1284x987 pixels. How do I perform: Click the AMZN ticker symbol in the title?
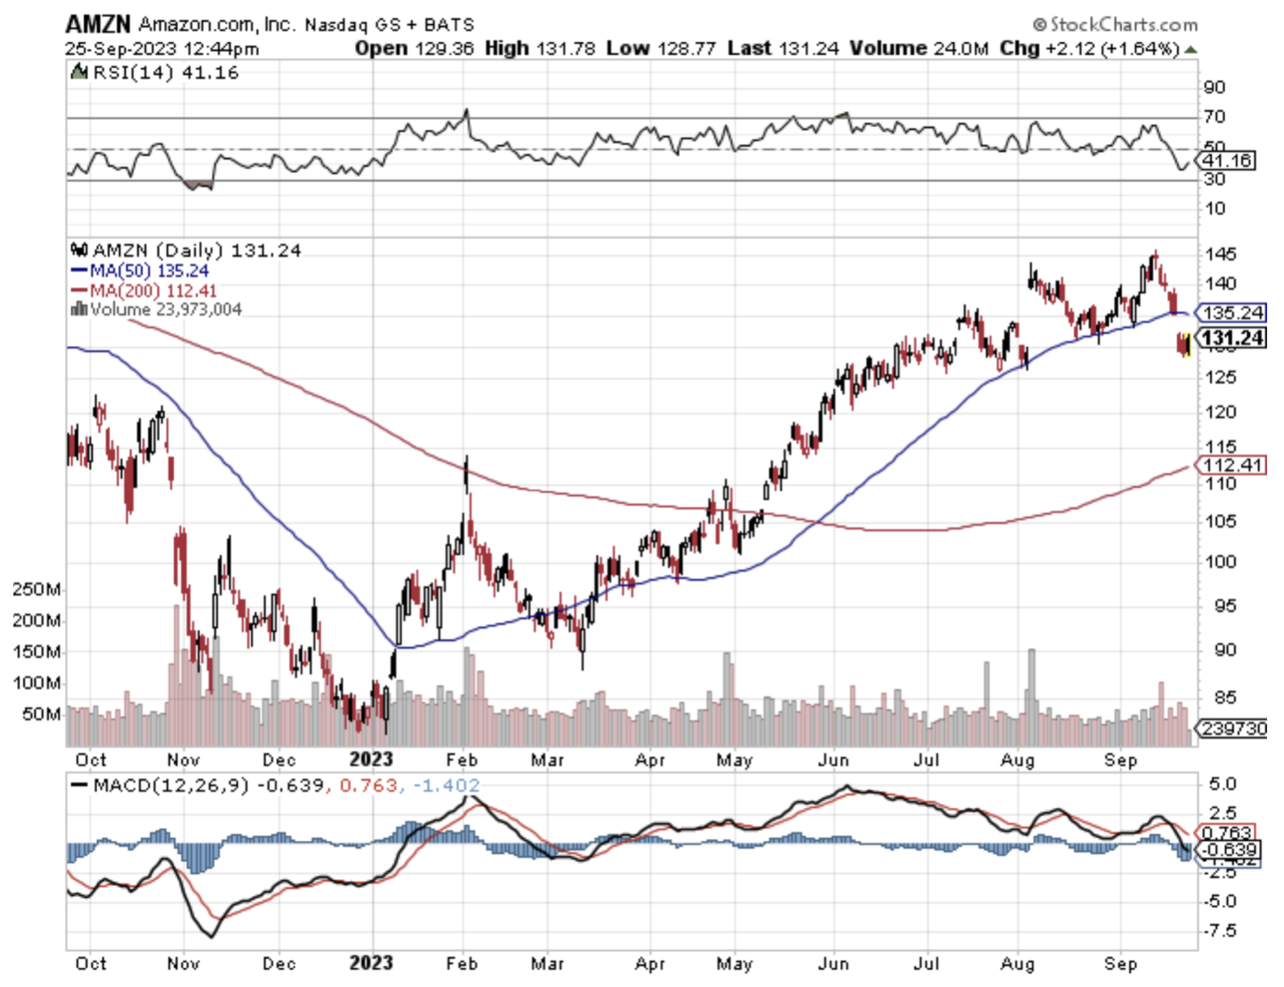[x=98, y=24]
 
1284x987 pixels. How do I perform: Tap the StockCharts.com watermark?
[x=1115, y=25]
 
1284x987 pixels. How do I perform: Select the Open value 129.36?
[x=444, y=48]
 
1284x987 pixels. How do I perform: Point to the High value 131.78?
[x=562, y=48]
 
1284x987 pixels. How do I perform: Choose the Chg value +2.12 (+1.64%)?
[x=1112, y=48]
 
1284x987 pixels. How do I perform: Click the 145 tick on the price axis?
[x=1221, y=254]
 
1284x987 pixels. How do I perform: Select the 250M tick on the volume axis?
[x=37, y=589]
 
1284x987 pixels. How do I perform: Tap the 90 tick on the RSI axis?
[x=1215, y=87]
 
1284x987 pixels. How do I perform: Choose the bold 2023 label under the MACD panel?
[x=371, y=964]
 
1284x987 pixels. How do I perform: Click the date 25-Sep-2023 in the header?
[x=125, y=48]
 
